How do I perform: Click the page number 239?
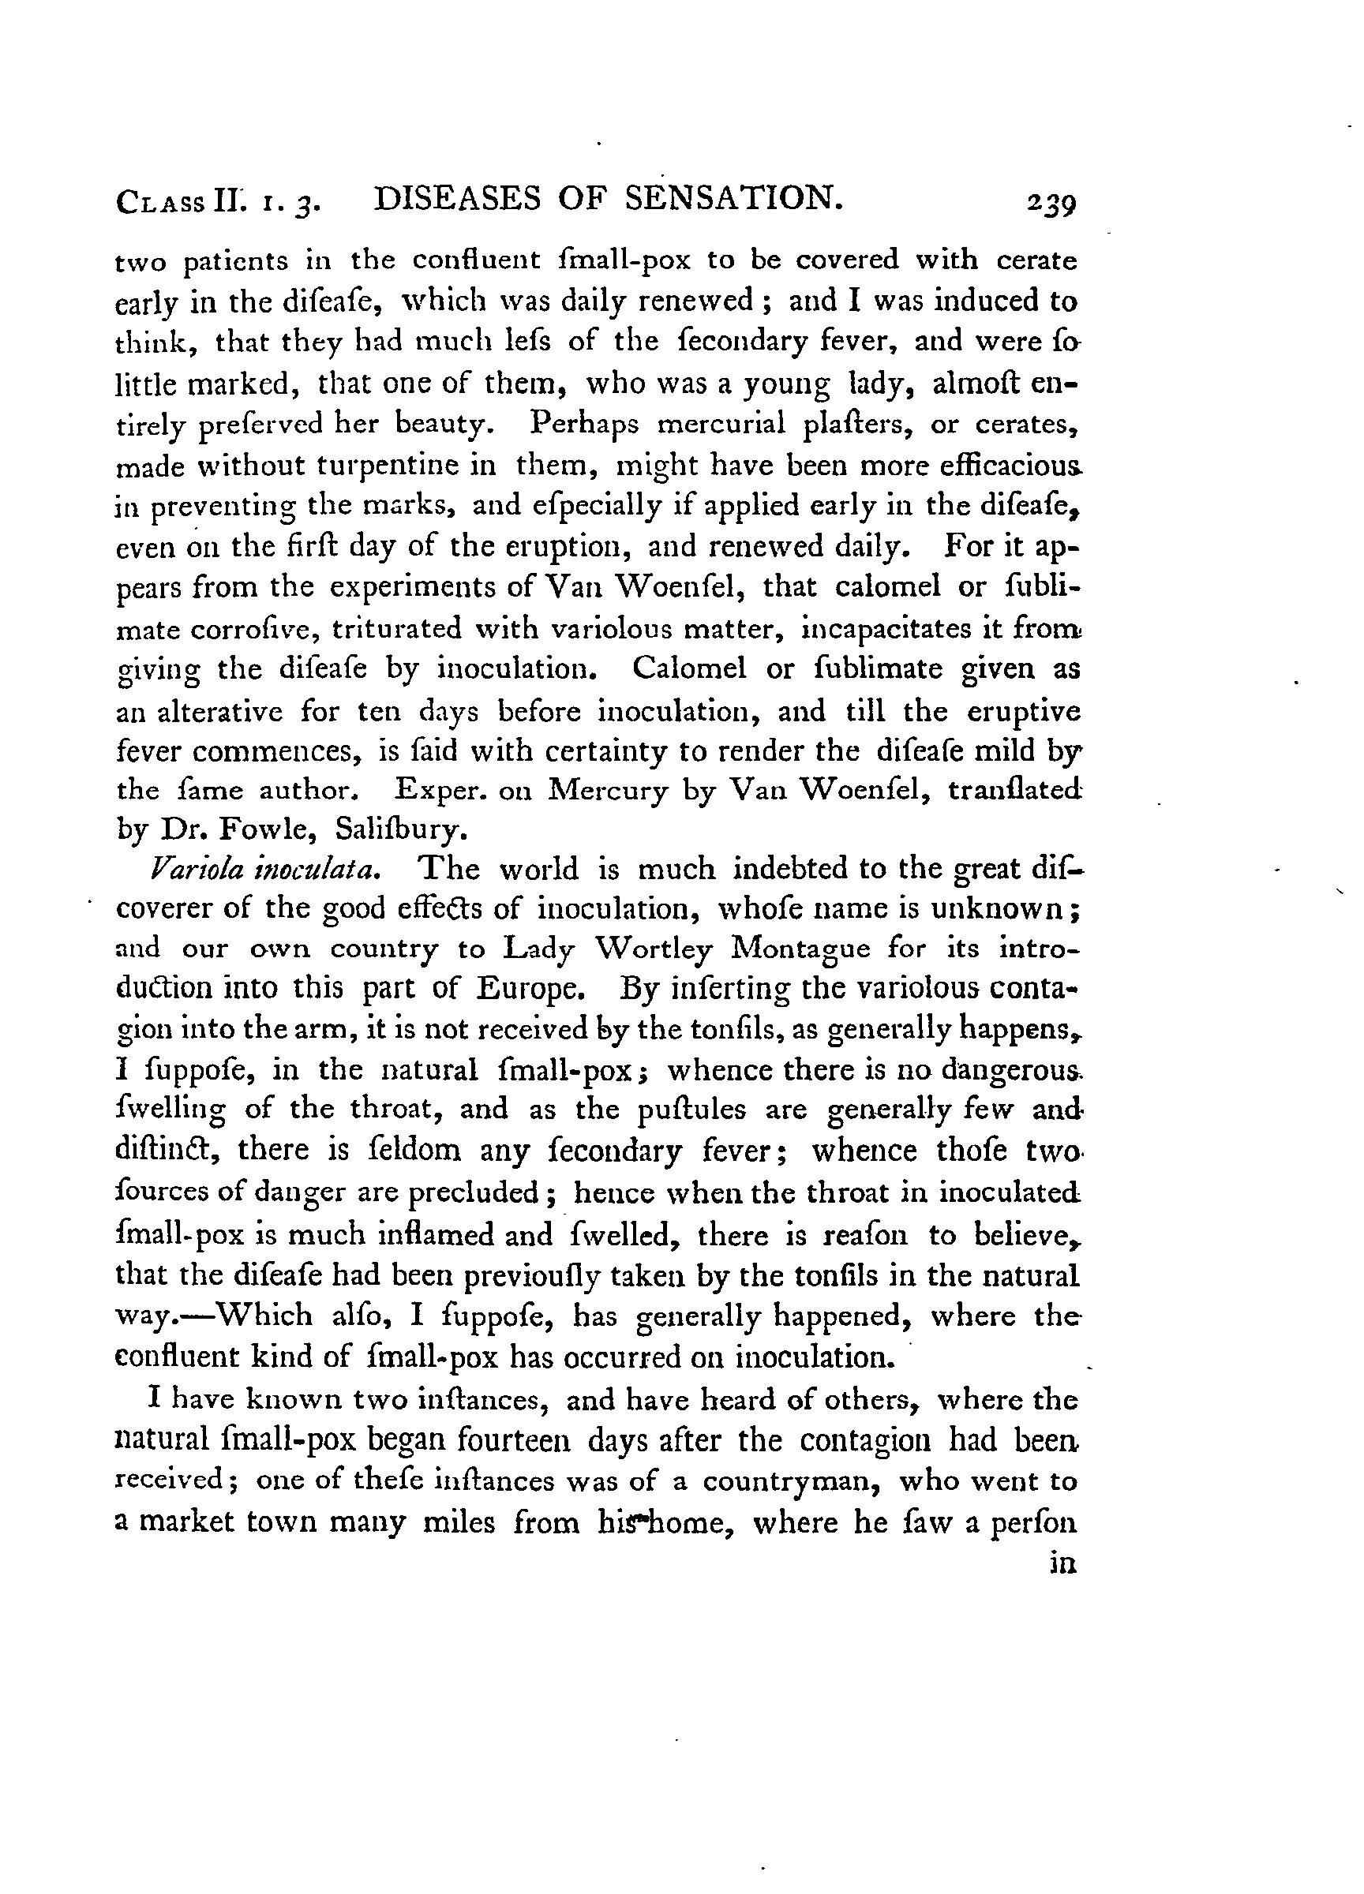1053,205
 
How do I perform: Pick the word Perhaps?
584,425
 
